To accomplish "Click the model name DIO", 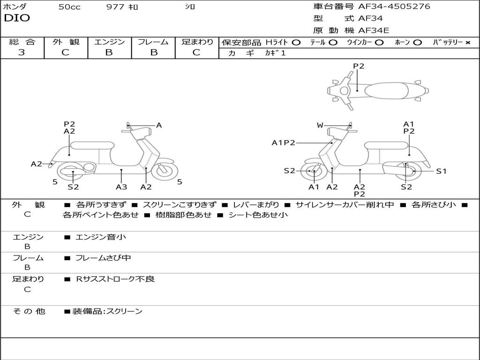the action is pos(17,18).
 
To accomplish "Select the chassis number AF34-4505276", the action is pos(394,7).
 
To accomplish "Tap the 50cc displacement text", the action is pos(69,7).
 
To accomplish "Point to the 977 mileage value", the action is pos(115,7).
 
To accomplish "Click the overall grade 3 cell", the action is pos(22,52).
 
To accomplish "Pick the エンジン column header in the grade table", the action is pos(109,42).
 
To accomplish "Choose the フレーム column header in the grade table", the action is pos(153,42).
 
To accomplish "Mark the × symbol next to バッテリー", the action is pos(468,43).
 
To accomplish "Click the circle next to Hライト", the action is pos(296,43).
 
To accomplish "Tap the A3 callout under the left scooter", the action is pos(121,187).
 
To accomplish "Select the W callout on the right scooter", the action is pos(320,125).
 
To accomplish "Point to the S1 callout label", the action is pos(441,171).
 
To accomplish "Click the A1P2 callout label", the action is pos(284,142).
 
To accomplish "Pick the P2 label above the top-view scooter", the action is pos(358,66).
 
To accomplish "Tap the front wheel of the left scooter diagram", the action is pos(165,171).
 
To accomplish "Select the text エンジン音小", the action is pos(101,237).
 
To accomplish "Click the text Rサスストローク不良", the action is pos(115,279).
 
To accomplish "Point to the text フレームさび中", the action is pos(103,258).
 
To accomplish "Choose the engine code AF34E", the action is pos(374,30).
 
